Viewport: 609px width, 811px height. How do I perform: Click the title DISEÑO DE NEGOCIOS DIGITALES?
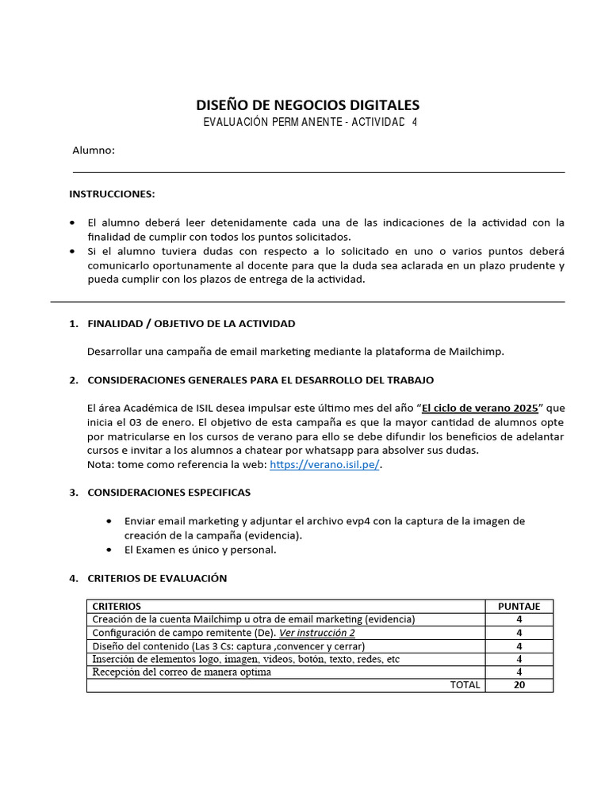pyautogui.click(x=308, y=105)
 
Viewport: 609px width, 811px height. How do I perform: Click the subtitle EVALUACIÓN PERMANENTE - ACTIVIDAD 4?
pyautogui.click(x=309, y=122)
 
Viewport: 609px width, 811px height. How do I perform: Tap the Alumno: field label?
pyautogui.click(x=94, y=150)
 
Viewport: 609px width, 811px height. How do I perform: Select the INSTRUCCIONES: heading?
pyautogui.click(x=112, y=194)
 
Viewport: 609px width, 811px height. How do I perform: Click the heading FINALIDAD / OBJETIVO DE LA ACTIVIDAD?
pyautogui.click(x=191, y=323)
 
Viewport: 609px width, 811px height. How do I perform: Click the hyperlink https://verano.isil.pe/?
pyautogui.click(x=324, y=466)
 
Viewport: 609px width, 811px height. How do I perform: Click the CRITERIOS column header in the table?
pyautogui.click(x=117, y=606)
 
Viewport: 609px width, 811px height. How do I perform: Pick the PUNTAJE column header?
pyautogui.click(x=519, y=606)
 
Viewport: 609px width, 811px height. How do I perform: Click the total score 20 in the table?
pyautogui.click(x=519, y=685)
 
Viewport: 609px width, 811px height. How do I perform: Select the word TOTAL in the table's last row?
pyautogui.click(x=465, y=685)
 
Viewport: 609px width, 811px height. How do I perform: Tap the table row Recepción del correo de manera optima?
pyautogui.click(x=182, y=672)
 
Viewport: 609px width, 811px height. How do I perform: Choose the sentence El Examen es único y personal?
pyautogui.click(x=201, y=550)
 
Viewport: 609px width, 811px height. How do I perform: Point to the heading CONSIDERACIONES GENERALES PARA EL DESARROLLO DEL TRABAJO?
pyautogui.click(x=260, y=380)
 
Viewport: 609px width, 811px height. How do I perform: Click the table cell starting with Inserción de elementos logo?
pyautogui.click(x=246, y=659)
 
